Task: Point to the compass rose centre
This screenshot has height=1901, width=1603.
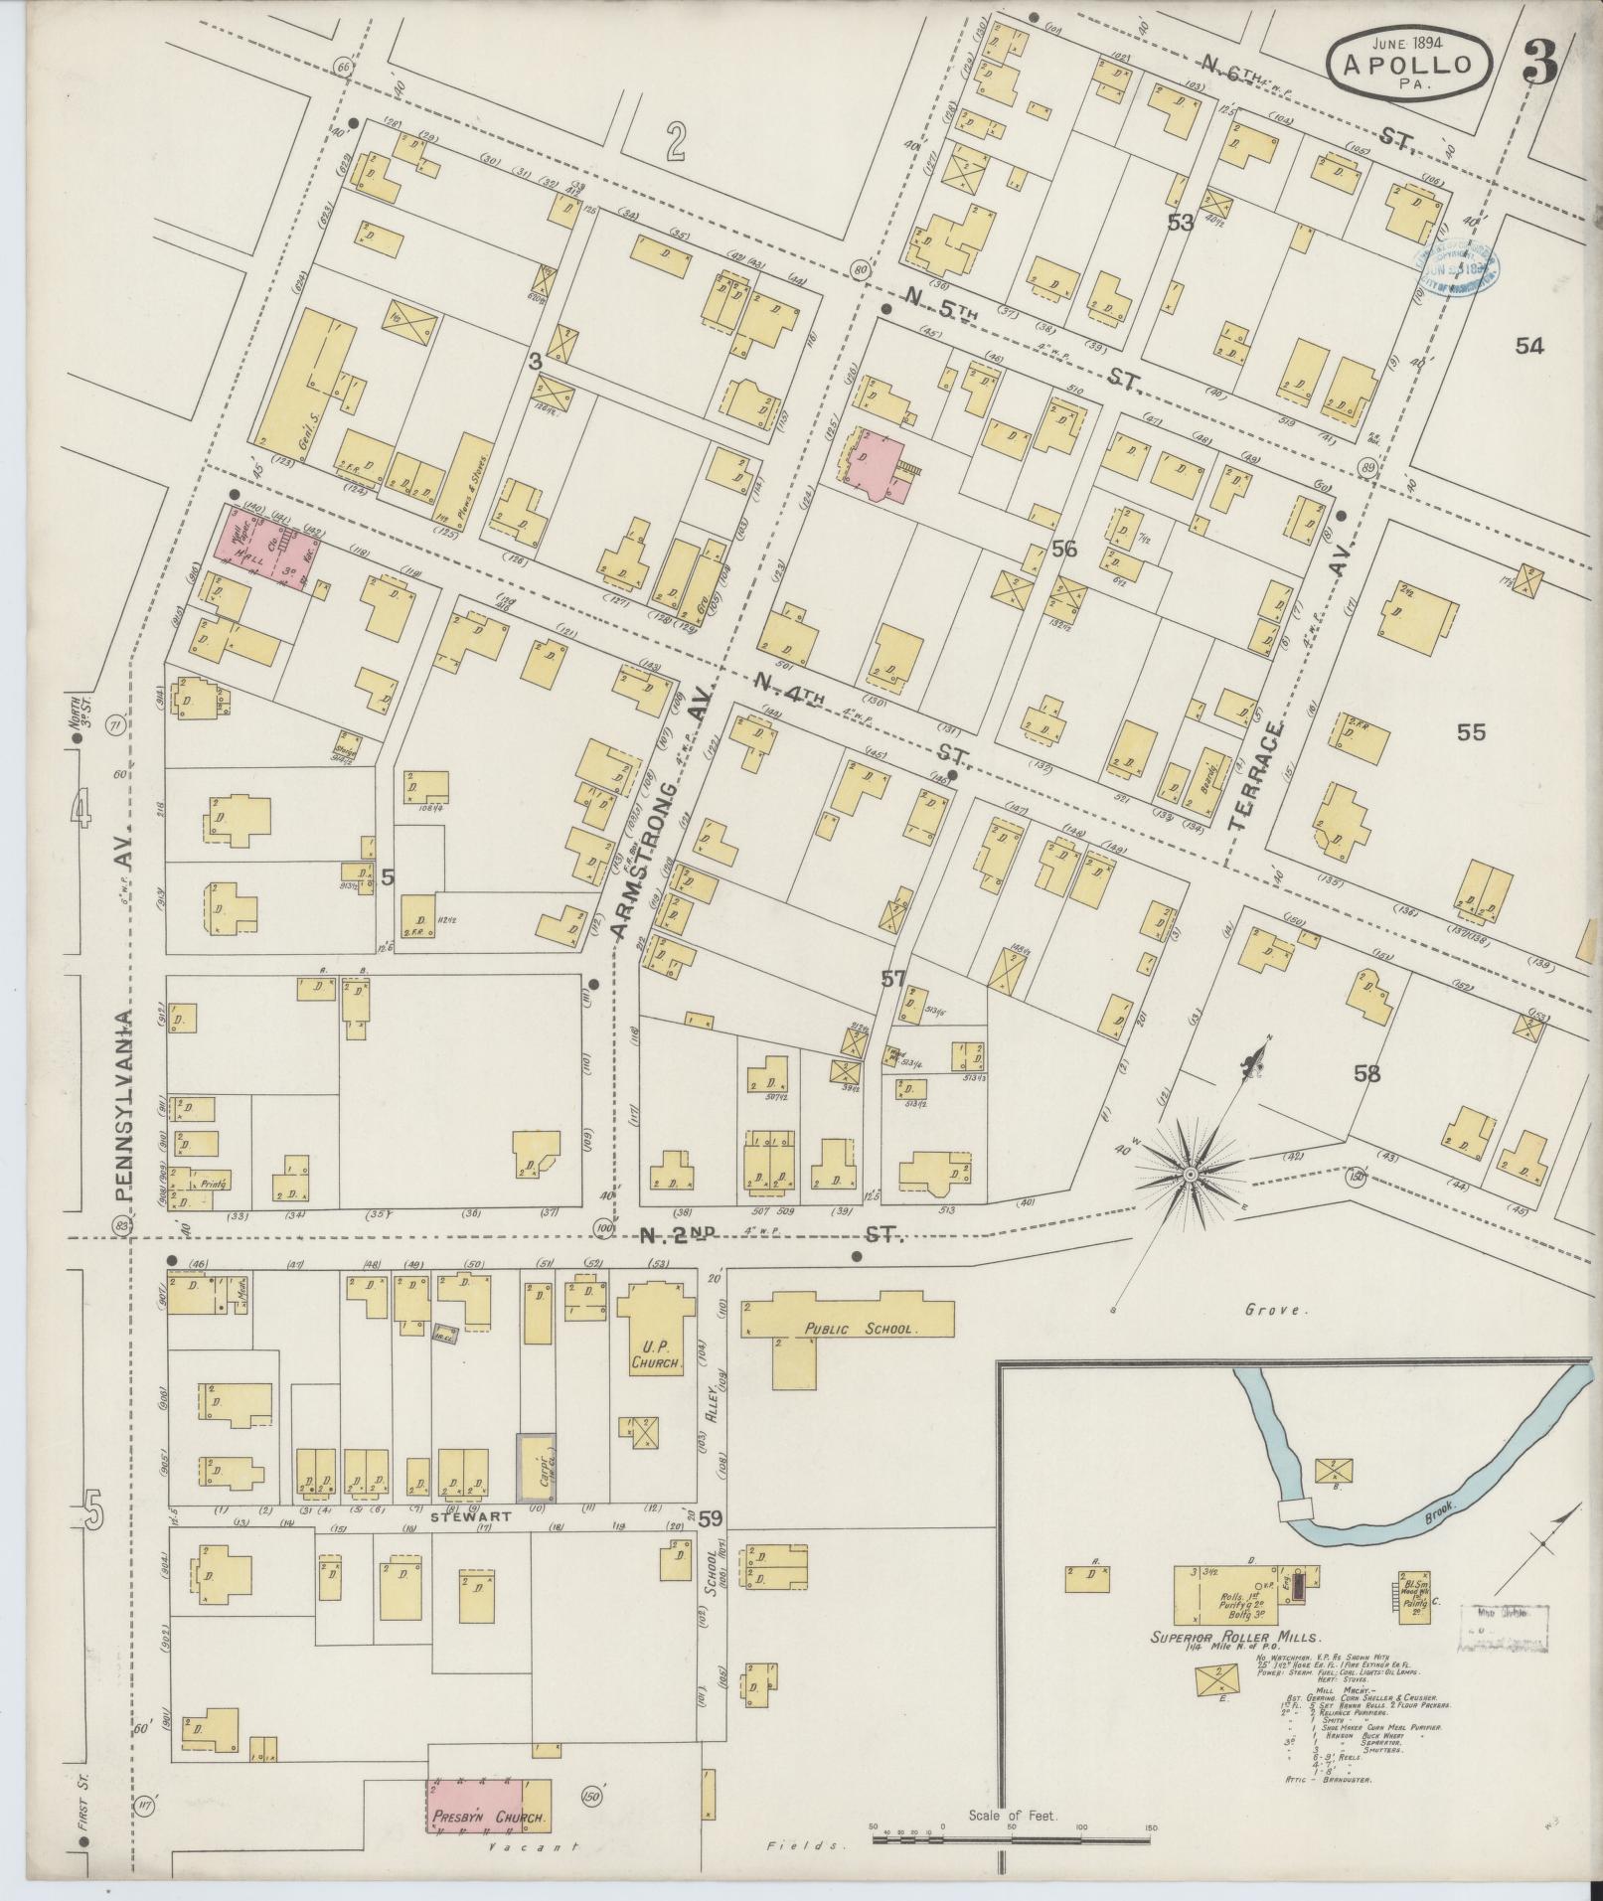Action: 1190,1177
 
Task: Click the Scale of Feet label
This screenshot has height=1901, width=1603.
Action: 1014,1816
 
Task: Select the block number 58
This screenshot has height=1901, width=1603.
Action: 1367,1073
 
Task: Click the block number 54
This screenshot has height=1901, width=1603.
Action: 1529,346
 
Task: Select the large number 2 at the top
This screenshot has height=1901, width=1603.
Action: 675,145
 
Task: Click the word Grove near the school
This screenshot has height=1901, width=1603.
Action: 1273,1311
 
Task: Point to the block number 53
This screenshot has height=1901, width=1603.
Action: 1180,223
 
